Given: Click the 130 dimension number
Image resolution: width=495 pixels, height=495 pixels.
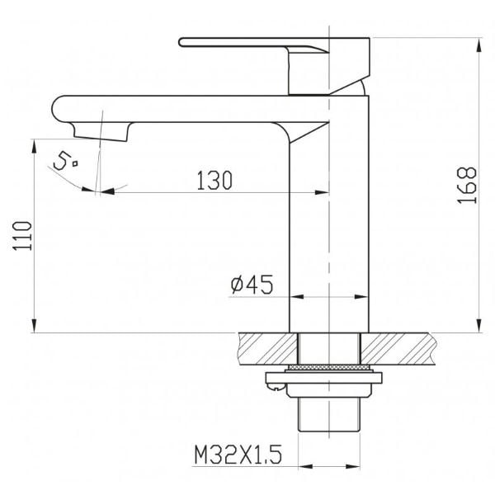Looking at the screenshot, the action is point(214,180).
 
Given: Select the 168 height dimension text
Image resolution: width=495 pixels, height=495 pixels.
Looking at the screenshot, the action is point(467,185).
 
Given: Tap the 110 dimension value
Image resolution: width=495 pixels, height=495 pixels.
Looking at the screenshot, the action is point(22,236).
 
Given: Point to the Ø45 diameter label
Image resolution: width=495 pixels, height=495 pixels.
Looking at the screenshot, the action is point(252,284).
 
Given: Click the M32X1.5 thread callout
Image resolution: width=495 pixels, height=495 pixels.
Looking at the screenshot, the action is point(238,455).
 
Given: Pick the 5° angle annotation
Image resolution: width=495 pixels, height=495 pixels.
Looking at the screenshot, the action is point(65,160).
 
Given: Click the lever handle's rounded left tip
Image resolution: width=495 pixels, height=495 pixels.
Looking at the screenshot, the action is point(181,42).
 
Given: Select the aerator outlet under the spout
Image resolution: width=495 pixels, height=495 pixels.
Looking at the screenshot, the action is point(101,131).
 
